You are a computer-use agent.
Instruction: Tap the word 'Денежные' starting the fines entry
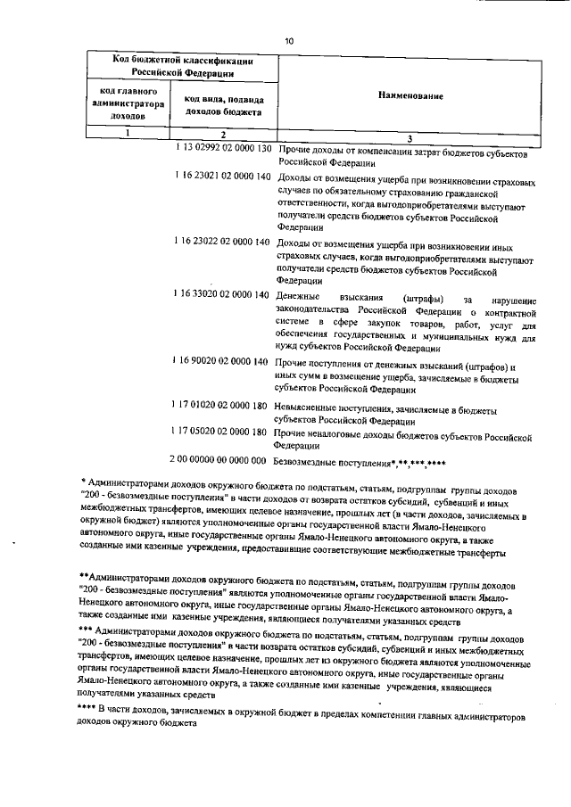click(x=299, y=296)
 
